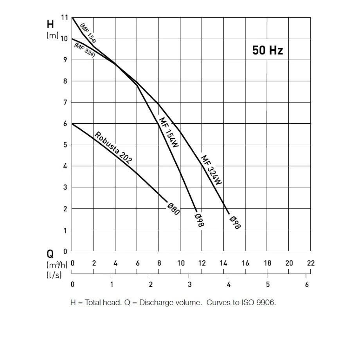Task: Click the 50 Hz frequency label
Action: pyautogui.click(x=268, y=50)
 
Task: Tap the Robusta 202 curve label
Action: pyautogui.click(x=113, y=147)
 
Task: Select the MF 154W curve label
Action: pyautogui.click(x=169, y=132)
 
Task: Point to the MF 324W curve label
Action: pyautogui.click(x=211, y=170)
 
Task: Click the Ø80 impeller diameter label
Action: pyautogui.click(x=173, y=209)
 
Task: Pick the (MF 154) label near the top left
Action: pyautogui.click(x=88, y=32)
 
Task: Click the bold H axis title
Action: pyautogui.click(x=50, y=24)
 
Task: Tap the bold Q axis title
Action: pyautogui.click(x=50, y=253)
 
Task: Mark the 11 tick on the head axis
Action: pyautogui.click(x=65, y=18)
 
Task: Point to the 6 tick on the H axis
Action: pyautogui.click(x=65, y=124)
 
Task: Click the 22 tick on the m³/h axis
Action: pyautogui.click(x=311, y=263)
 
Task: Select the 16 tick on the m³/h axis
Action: pyautogui.click(x=245, y=263)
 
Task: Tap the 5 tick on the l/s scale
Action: pyautogui.click(x=267, y=284)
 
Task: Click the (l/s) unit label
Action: pyautogui.click(x=54, y=275)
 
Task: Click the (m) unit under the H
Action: pyautogui.click(x=52, y=36)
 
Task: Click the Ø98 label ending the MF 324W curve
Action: pyautogui.click(x=235, y=222)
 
